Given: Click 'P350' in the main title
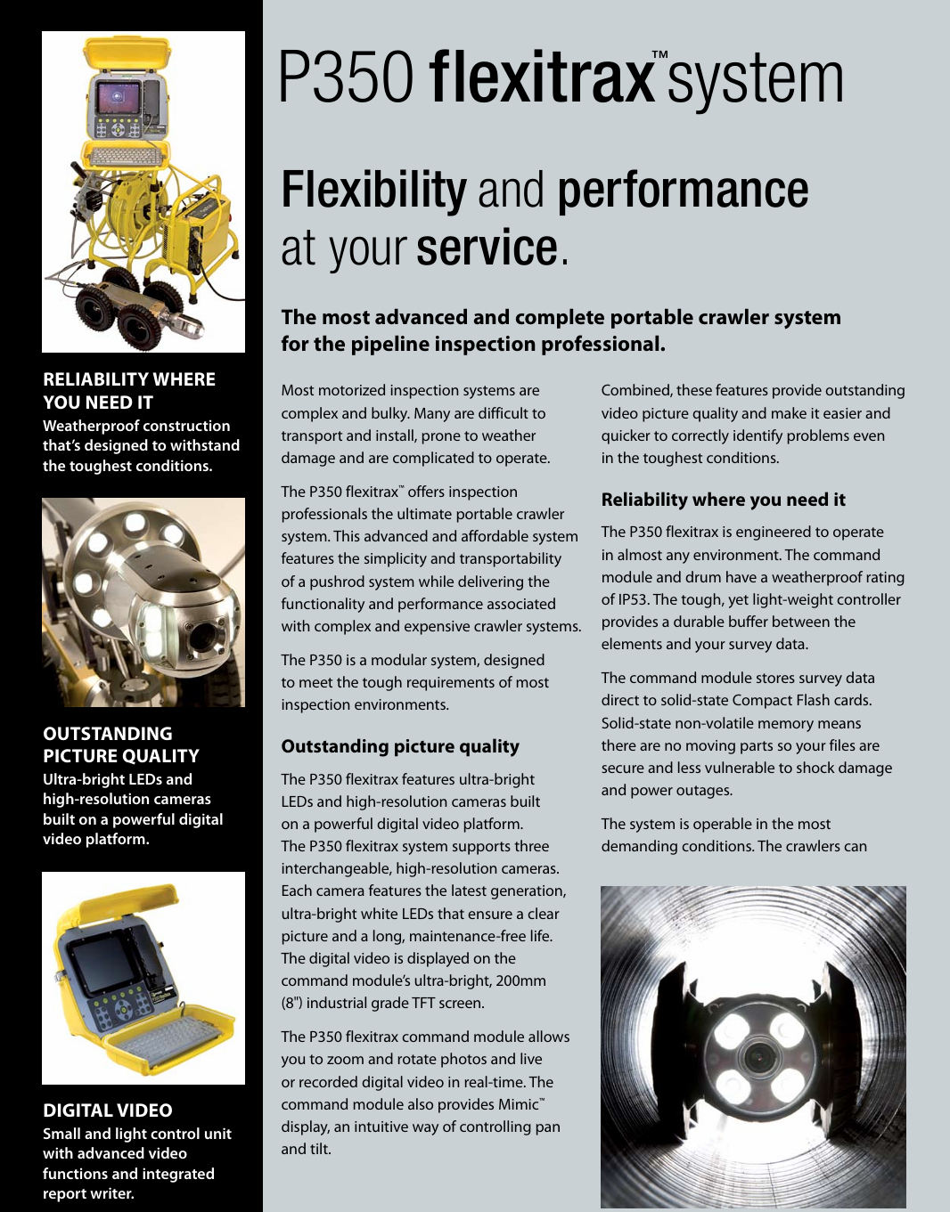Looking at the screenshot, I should coord(346,77).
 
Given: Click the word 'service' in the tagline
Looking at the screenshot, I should coord(487,248).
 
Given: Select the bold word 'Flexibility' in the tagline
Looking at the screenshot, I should coord(373,191).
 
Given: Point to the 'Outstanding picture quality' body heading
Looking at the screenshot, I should coord(400,746).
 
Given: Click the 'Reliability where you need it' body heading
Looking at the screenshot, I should coord(723,500).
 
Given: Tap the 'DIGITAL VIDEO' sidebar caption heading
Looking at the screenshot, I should coord(108,1110).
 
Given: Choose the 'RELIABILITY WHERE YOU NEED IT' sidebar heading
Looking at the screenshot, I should coord(129,391).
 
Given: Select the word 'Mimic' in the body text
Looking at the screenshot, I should coord(517,1104).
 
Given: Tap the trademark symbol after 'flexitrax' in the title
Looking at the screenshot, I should coord(659,55).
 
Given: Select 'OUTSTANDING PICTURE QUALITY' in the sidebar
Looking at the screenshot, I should coord(121,744).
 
